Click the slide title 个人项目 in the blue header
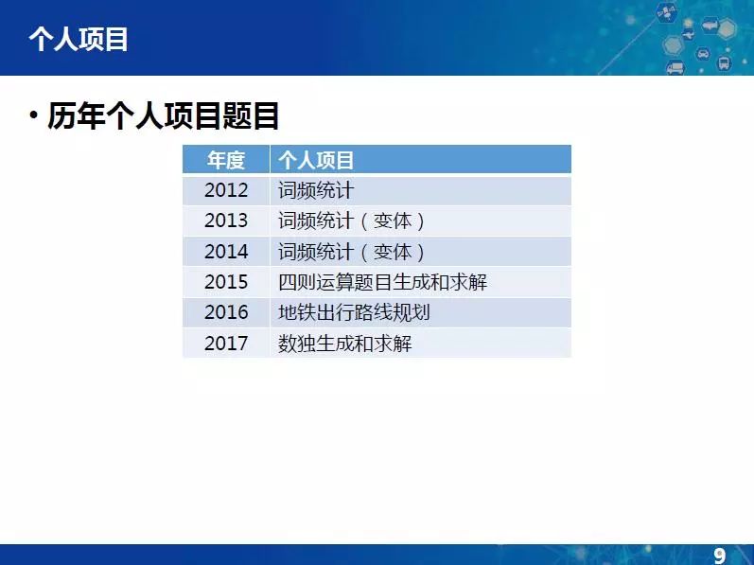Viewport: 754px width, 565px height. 78,40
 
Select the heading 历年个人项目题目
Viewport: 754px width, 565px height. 163,115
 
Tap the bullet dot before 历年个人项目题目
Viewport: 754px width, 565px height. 33,115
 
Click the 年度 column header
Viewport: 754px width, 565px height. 226,160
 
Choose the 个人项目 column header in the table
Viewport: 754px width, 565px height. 316,160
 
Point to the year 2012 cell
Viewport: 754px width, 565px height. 226,190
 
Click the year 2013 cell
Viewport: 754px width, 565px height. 226,221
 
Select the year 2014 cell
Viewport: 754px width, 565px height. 226,252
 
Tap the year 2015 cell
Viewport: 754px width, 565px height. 226,282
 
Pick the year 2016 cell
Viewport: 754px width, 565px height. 226,312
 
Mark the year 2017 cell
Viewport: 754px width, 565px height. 226,344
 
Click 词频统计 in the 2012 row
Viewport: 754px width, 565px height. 316,190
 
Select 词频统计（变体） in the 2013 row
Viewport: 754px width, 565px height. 352,221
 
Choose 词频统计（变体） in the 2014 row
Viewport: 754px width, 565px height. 352,252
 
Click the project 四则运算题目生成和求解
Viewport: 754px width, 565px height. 383,282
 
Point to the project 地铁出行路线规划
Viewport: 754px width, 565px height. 354,312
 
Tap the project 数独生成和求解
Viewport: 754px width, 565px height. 344,344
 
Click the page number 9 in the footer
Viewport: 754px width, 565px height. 719,556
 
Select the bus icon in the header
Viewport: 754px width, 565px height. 724,62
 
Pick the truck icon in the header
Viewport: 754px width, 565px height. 675,67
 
